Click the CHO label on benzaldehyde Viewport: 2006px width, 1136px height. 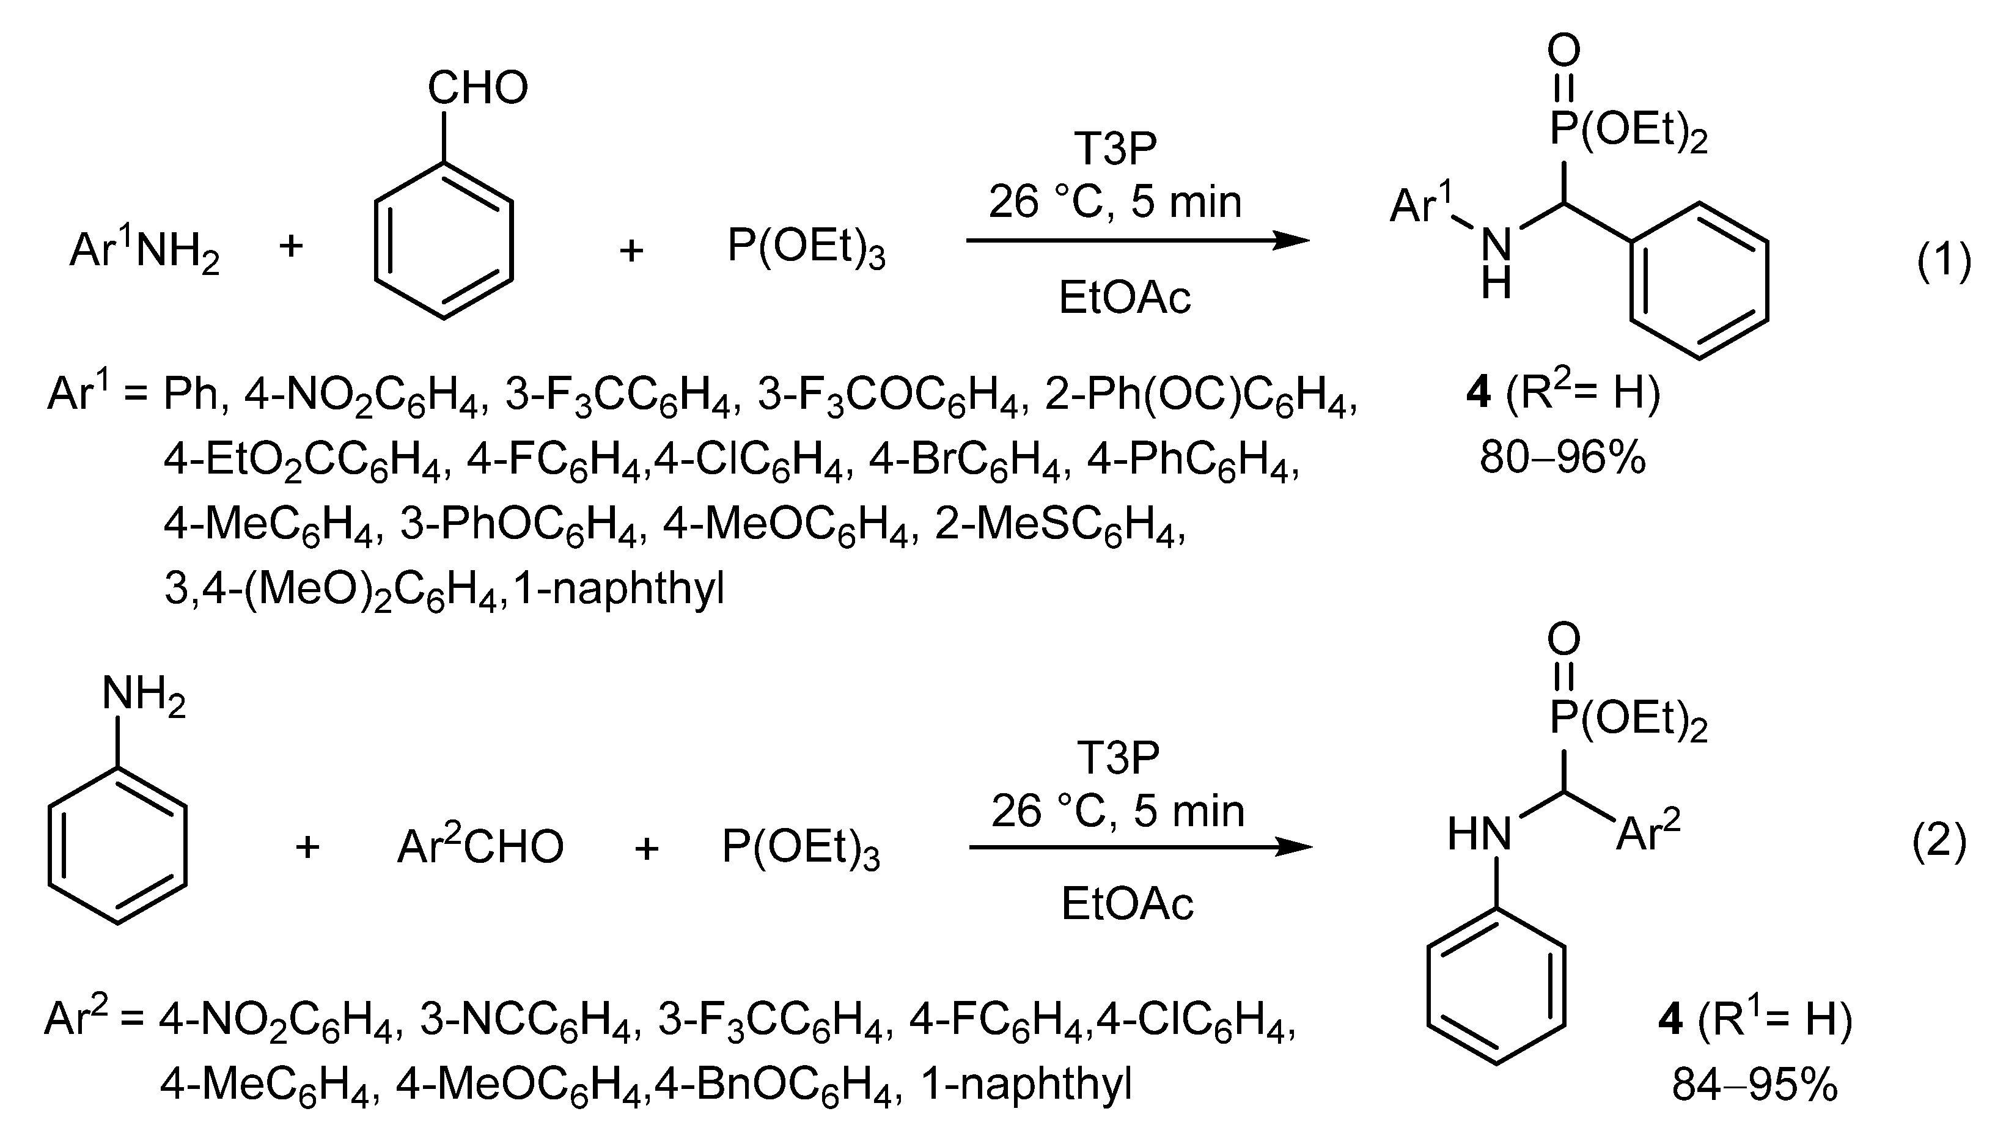point(477,88)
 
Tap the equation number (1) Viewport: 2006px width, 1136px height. point(1944,262)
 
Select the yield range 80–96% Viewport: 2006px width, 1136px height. point(1563,458)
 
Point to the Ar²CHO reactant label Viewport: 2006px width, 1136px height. point(480,846)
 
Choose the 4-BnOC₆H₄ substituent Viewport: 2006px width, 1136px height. point(773,1085)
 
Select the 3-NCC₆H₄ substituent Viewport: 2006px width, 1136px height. point(531,1020)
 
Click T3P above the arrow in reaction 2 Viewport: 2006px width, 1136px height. point(1118,757)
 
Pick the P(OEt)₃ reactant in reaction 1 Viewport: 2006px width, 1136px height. point(806,248)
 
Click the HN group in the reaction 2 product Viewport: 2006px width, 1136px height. point(1479,834)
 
